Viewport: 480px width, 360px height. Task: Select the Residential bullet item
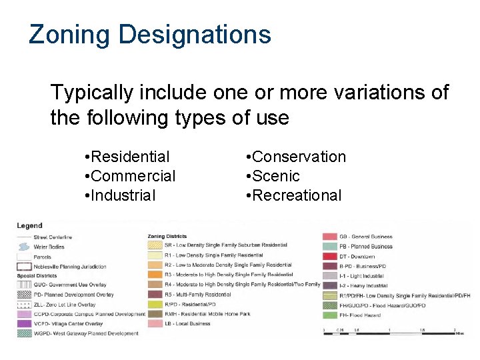[130, 157]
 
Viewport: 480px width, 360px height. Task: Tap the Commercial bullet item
[133, 176]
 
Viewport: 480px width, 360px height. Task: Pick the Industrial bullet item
[123, 195]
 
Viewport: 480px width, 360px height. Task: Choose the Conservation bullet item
[299, 157]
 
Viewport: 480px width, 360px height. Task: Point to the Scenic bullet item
[276, 176]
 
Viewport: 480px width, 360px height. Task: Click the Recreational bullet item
[297, 195]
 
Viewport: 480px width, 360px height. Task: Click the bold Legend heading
[30, 226]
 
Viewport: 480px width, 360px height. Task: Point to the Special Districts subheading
[37, 275]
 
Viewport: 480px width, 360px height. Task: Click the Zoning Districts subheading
[167, 236]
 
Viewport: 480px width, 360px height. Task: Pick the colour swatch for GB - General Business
[329, 237]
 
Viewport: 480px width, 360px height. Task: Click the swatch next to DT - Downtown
[329, 257]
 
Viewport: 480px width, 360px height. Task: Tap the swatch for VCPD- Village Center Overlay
[25, 324]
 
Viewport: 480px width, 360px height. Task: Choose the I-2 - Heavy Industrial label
[363, 285]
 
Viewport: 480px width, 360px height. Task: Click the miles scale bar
[389, 332]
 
